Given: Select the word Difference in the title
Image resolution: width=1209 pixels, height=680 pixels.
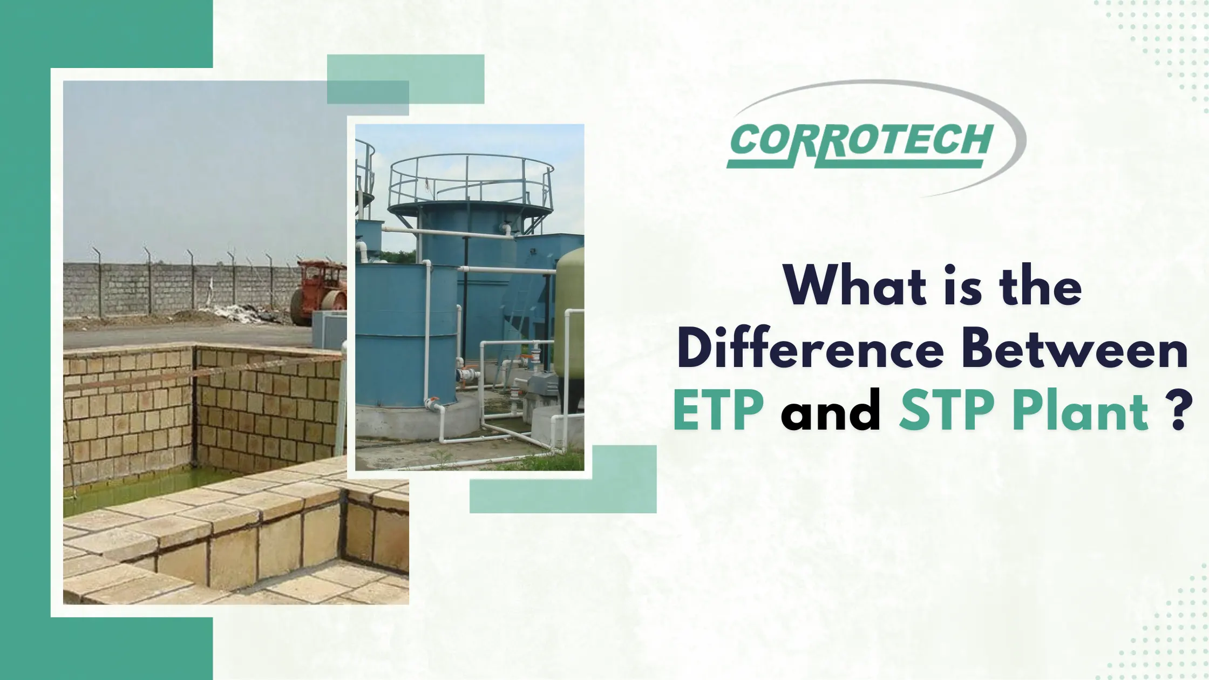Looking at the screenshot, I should point(810,350).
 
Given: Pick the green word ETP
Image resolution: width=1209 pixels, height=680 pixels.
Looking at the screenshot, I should point(718,412).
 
